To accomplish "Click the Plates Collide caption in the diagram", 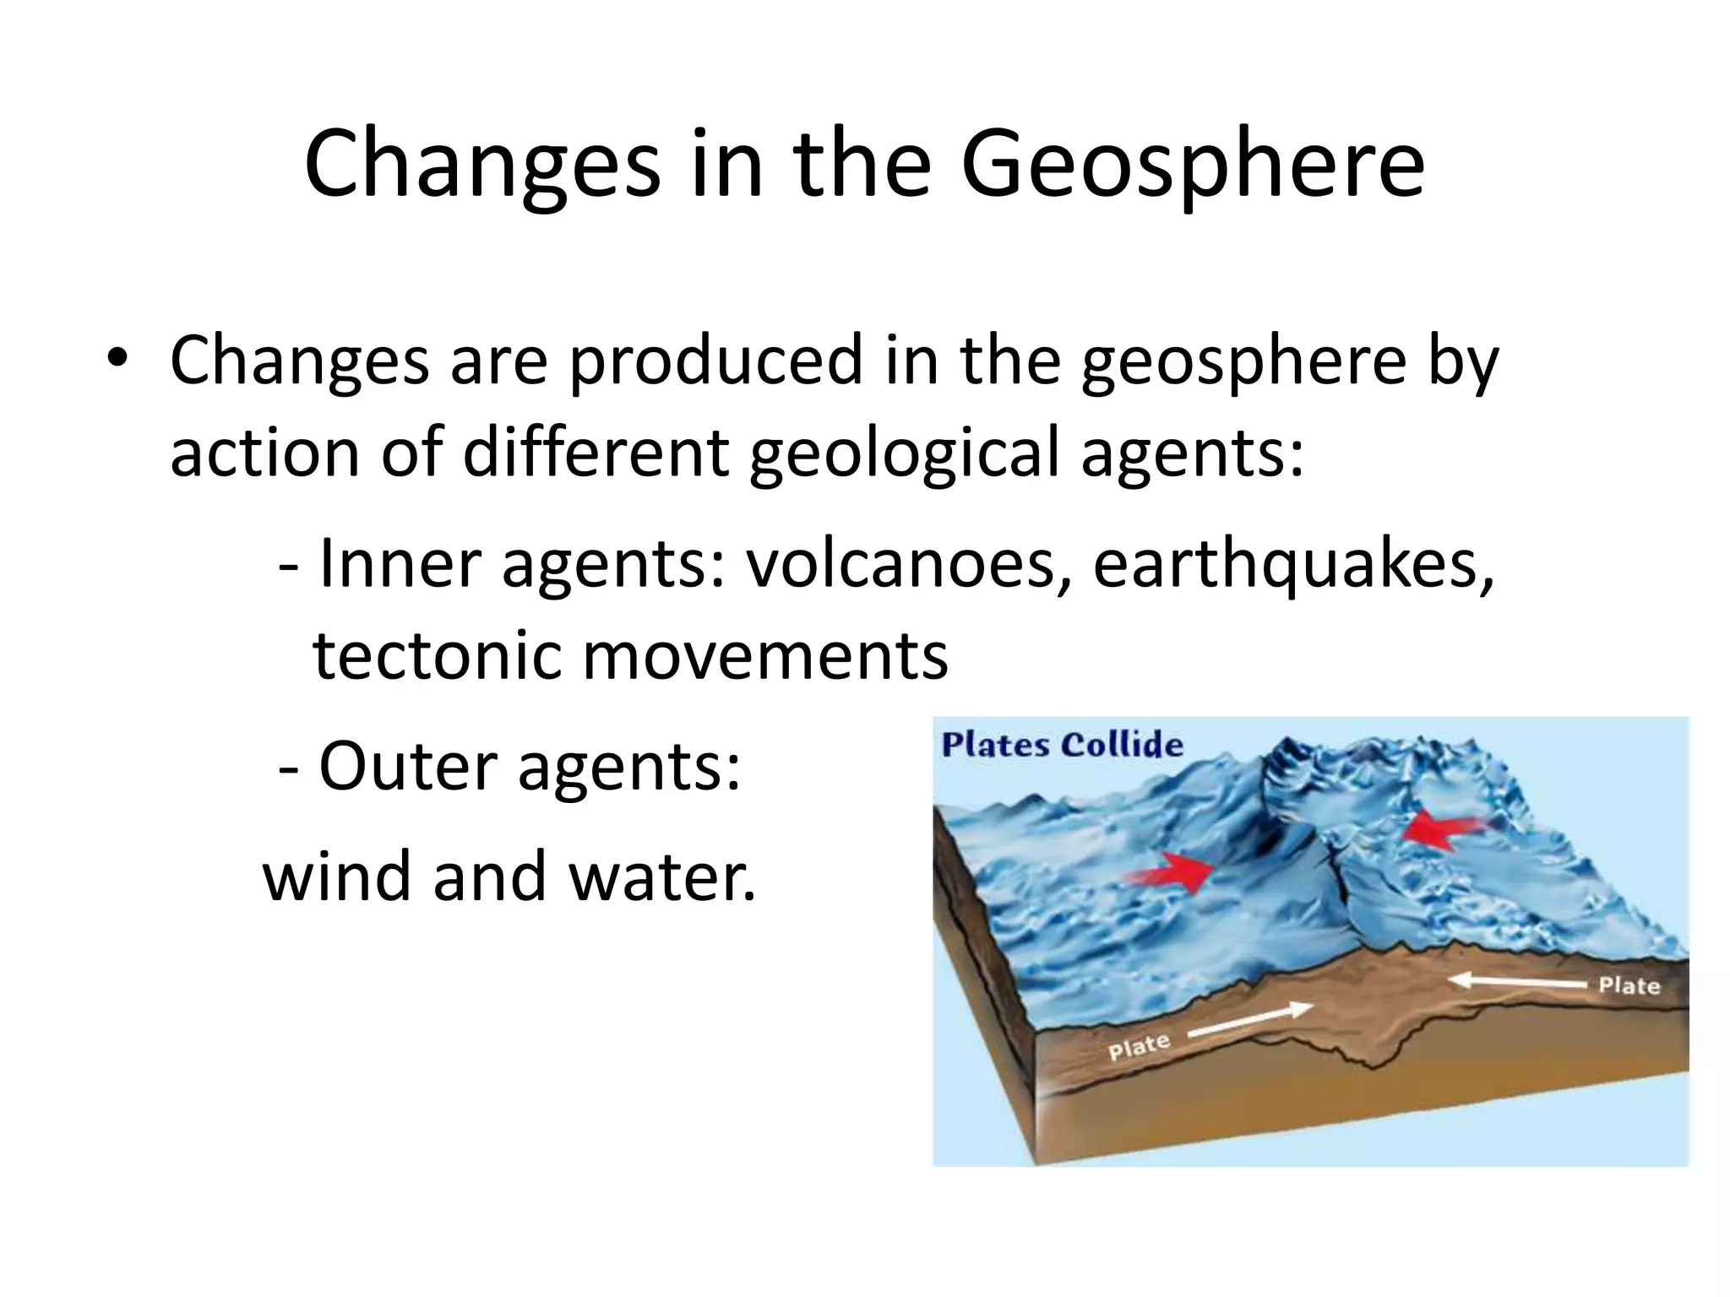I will click(x=1062, y=746).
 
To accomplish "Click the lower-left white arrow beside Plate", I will click(x=1250, y=1019).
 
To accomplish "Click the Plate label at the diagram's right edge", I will click(x=1628, y=986).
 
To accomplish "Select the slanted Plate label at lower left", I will click(x=1138, y=1047).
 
